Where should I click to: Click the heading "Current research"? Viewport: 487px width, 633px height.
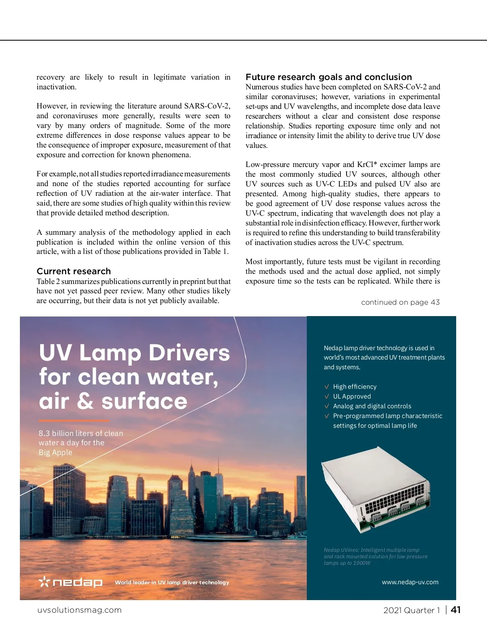pyautogui.click(x=73, y=271)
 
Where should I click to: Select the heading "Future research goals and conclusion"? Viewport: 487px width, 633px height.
pyautogui.click(x=328, y=77)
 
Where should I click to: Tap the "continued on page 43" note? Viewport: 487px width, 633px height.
pyautogui.click(x=400, y=302)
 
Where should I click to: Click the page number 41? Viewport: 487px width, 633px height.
pyautogui.click(x=456, y=610)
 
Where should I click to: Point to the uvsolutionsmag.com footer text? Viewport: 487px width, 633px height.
pyautogui.click(x=80, y=610)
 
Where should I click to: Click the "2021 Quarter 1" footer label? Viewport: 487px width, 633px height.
pyautogui.click(x=412, y=610)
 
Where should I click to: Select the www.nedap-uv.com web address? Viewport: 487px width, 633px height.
pyautogui.click(x=410, y=582)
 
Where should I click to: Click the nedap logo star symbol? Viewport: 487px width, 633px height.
pyautogui.click(x=44, y=582)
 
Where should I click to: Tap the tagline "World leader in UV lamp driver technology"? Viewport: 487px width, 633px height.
pyautogui.click(x=172, y=583)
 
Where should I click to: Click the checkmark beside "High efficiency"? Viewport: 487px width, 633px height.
pyautogui.click(x=327, y=387)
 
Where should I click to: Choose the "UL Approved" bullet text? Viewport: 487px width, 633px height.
pyautogui.click(x=352, y=397)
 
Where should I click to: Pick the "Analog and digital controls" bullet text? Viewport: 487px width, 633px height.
pyautogui.click(x=372, y=406)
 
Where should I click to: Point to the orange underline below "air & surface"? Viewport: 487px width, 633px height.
pyautogui.click(x=74, y=421)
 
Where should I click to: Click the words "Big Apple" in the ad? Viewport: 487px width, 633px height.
pyautogui.click(x=56, y=453)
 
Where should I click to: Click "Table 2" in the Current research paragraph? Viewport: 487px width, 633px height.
pyautogui.click(x=48, y=282)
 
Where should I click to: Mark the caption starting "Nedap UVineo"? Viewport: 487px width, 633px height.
pyautogui.click(x=375, y=556)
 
